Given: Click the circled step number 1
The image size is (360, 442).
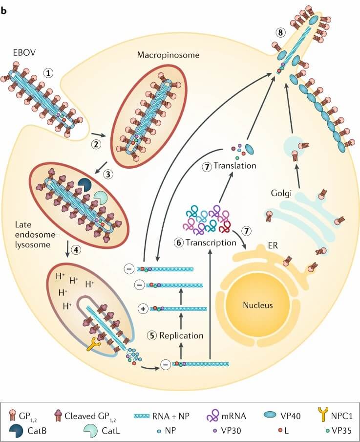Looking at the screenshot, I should click(x=48, y=73).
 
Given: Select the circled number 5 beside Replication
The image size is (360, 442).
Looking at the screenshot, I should click(x=152, y=336).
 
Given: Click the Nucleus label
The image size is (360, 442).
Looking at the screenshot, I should click(x=257, y=306).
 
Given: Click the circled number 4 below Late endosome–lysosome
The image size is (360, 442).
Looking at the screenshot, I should click(x=76, y=249).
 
